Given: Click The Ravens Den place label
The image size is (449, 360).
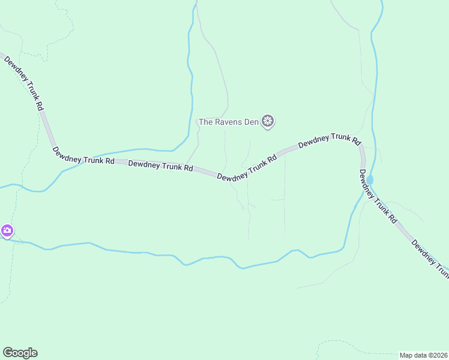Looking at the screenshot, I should (x=228, y=122).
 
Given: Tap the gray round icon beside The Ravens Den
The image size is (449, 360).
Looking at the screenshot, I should (x=268, y=122).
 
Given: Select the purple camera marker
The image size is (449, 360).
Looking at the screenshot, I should (x=7, y=230).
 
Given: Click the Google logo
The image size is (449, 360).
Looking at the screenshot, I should (x=20, y=353).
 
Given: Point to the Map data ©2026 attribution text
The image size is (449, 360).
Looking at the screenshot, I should (x=424, y=355).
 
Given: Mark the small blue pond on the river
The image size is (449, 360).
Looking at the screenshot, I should (x=369, y=179).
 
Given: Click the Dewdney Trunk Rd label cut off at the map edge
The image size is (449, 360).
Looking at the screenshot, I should (x=430, y=259).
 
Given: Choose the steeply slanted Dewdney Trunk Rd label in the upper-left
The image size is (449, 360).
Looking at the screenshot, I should (x=24, y=82).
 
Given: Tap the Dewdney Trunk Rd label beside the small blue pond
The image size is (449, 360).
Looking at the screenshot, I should (x=378, y=196).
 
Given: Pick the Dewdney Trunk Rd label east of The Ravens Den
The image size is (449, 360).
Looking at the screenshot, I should (x=329, y=141).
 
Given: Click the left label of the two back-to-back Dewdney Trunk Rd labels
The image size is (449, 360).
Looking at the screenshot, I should (x=83, y=157).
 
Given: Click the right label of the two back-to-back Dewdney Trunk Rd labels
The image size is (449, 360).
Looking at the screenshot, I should (x=160, y=165).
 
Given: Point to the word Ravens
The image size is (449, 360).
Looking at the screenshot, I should (x=229, y=122).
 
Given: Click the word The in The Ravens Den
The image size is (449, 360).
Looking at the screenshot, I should (x=205, y=122).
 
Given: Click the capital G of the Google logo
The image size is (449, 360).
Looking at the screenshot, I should (x=8, y=352).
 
